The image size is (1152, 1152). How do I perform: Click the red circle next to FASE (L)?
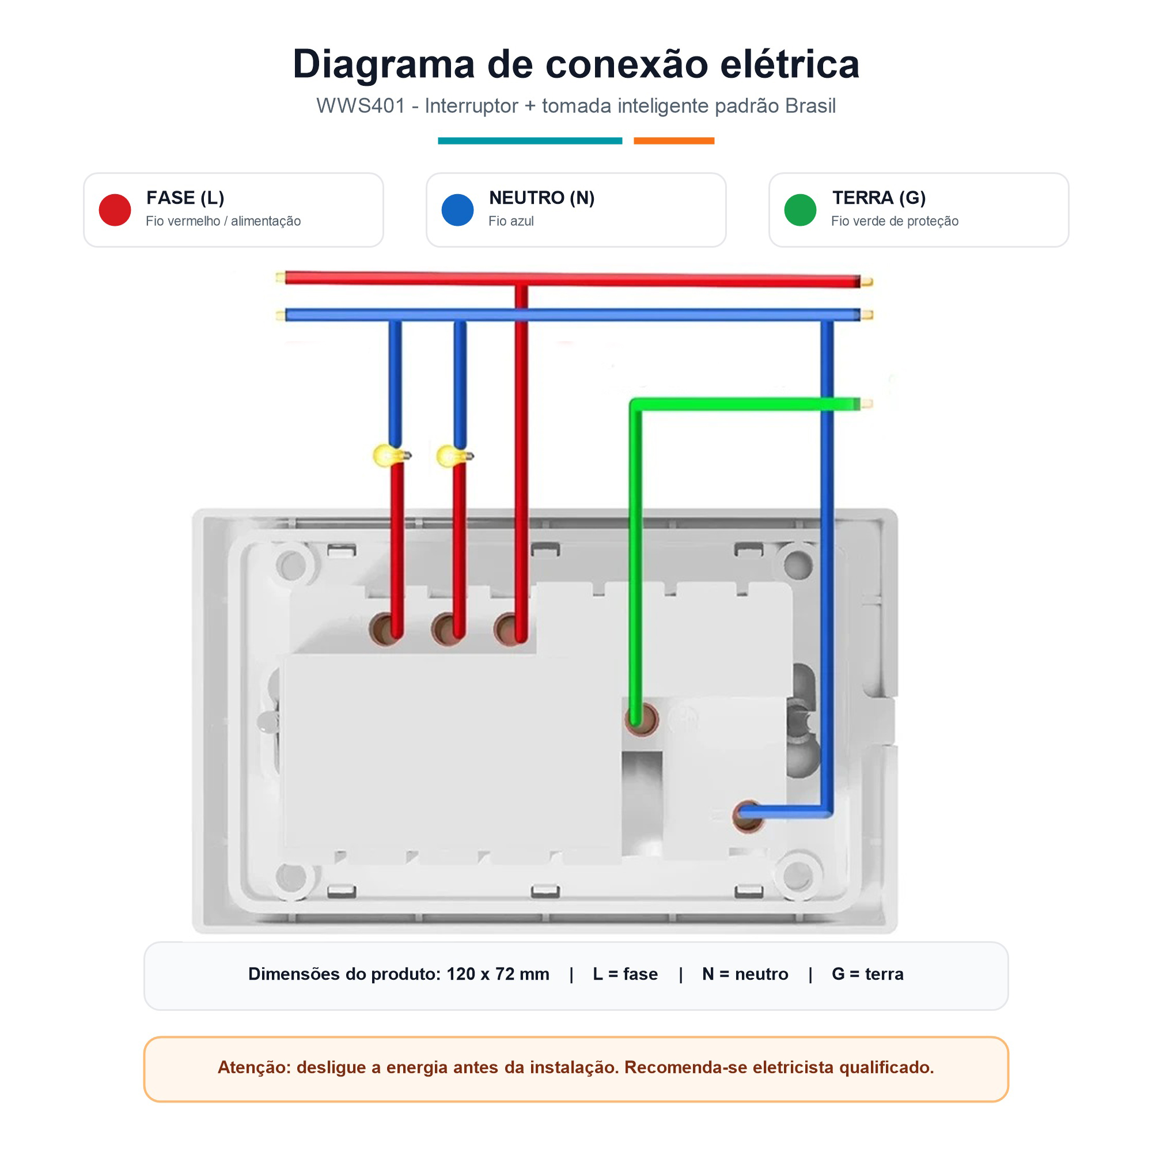tap(115, 210)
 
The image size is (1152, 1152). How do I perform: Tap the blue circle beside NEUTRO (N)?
tap(457, 210)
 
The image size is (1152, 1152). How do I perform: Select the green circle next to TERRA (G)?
tap(800, 210)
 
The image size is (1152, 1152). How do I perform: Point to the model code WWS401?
tap(360, 106)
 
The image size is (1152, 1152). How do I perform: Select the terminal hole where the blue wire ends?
tap(748, 816)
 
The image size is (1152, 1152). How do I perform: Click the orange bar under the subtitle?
tap(674, 141)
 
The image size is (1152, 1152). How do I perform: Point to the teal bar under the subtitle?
tap(530, 141)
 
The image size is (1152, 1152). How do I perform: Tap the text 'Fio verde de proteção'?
tap(895, 221)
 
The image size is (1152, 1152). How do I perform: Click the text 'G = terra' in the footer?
tap(867, 973)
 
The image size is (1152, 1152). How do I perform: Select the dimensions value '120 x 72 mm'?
tap(498, 973)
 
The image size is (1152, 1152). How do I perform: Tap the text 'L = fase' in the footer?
tap(626, 973)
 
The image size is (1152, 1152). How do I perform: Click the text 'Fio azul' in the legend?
tap(511, 221)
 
